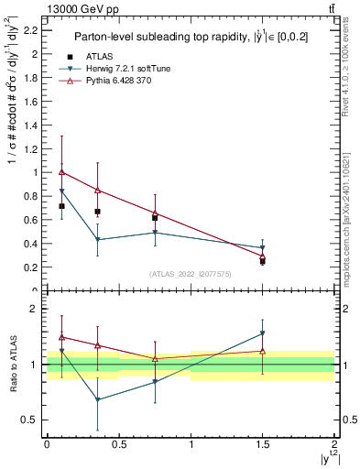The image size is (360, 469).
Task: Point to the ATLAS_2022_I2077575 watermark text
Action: [x=191, y=273]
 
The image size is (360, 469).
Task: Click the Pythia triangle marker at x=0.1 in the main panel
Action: [x=61, y=171]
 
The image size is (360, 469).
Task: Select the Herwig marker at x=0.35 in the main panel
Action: [x=97, y=240]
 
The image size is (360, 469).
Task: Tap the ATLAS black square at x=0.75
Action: [x=155, y=217]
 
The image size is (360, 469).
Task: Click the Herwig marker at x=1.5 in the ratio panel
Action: [x=262, y=333]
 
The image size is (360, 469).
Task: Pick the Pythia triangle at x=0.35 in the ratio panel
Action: [x=97, y=345]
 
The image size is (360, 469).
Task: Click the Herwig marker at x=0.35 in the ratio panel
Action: [x=97, y=399]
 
